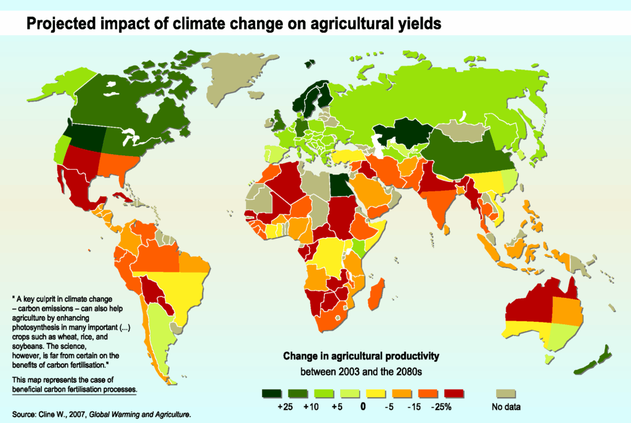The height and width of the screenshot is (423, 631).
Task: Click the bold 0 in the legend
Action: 364,407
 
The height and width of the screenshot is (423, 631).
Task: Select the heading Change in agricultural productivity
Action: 360,356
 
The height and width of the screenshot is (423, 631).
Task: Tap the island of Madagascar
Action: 377,293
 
